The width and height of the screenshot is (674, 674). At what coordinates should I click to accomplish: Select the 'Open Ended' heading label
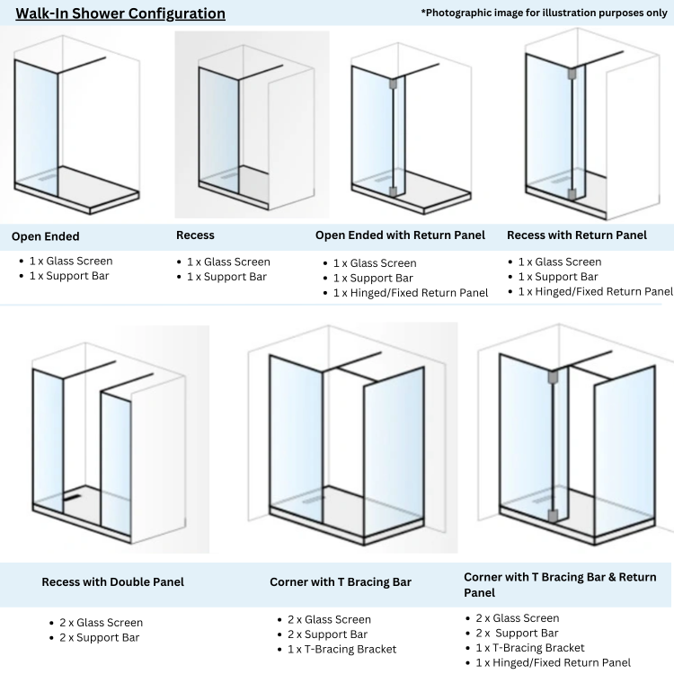coord(46,237)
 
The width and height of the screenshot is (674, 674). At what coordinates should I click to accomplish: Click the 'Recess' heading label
coord(195,235)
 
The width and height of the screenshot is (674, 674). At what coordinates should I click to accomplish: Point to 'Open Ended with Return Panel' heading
coord(400,235)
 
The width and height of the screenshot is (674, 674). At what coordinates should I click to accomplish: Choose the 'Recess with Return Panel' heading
coord(577,235)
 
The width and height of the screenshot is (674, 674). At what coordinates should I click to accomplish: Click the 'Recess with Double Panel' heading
coord(112,582)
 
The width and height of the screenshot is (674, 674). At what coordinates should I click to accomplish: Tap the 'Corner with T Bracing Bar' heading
coord(341,582)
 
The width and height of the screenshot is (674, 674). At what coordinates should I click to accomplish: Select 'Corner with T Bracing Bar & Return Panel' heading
coord(559,584)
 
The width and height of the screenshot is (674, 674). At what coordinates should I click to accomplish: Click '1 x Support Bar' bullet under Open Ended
coord(70,276)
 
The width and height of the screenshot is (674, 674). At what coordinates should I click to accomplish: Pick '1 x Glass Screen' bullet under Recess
coord(228,262)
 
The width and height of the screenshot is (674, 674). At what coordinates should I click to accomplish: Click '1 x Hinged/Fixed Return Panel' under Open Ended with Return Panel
coord(411,293)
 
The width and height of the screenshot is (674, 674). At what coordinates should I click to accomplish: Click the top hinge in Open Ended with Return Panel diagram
coord(392,85)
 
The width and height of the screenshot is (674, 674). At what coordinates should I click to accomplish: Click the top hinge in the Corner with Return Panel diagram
coord(553,378)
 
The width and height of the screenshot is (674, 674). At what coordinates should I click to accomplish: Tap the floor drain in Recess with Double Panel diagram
coord(73,493)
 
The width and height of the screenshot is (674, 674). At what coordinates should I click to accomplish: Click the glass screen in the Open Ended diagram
coord(37,126)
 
